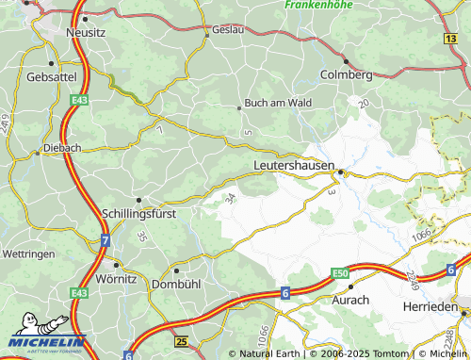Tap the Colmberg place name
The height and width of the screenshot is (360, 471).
point(347,74)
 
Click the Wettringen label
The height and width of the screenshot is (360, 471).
point(31,254)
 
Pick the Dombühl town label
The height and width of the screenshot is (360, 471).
point(177,283)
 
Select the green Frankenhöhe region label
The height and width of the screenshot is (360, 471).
point(320,5)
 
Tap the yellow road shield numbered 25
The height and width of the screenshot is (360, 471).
point(182,339)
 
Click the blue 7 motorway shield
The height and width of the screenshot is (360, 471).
point(106,242)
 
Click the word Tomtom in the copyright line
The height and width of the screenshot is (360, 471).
point(390,354)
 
